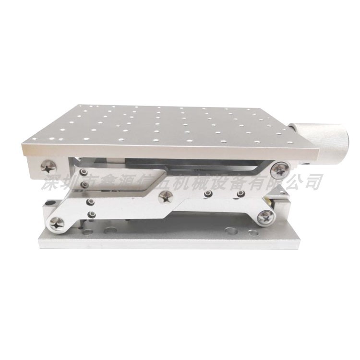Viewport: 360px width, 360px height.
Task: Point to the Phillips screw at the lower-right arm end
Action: coord(265,217)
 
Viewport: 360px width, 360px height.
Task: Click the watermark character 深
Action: coord(51,182)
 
